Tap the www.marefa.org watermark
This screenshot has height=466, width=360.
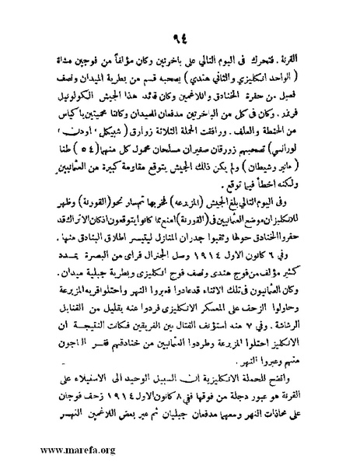48,450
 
